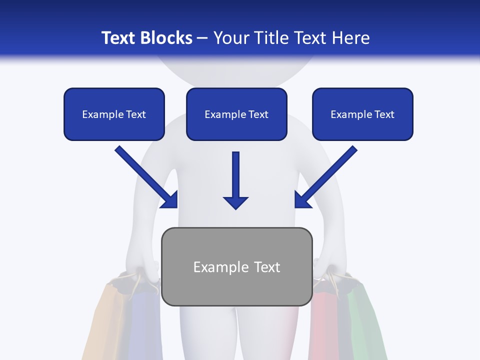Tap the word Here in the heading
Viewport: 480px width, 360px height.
[x=350, y=38]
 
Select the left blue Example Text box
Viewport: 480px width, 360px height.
[x=114, y=114]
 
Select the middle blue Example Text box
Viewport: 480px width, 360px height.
[x=236, y=114]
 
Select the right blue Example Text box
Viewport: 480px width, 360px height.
[x=362, y=114]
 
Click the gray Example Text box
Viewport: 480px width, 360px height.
[x=237, y=266]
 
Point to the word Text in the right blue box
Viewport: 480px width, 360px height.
[x=384, y=114]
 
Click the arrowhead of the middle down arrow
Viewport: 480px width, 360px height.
[x=235, y=202]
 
